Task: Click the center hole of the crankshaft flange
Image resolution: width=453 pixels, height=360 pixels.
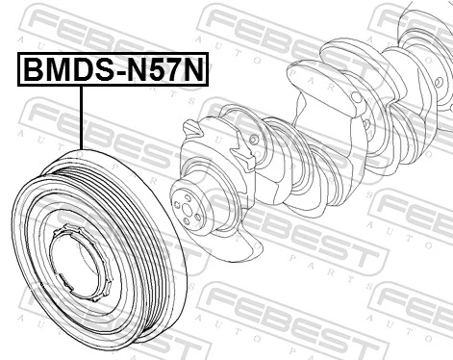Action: coord(187,210)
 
